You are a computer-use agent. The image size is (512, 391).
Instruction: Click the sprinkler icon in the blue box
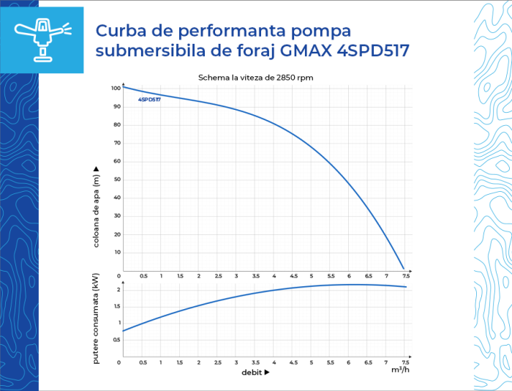pos(42,40)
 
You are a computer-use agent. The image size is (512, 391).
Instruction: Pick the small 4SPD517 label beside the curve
pos(149,99)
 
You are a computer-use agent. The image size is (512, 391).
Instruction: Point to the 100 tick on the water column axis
pos(116,89)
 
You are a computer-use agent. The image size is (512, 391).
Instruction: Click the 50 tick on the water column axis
pos(117,179)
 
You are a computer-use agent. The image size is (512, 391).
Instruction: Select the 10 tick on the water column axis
pos(117,253)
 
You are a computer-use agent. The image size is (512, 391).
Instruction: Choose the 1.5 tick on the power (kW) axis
pos(117,306)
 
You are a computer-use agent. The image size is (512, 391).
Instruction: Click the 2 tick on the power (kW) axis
pos(118,290)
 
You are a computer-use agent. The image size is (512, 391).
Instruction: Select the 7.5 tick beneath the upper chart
pos(406,276)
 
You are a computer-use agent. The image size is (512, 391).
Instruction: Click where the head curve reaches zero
pos(403,269)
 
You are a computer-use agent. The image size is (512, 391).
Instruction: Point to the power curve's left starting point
pos(124,331)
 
